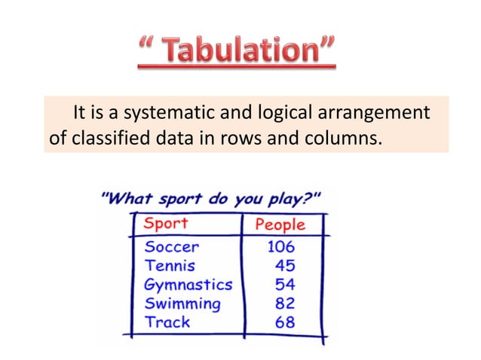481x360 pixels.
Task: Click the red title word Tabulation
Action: click(x=248, y=52)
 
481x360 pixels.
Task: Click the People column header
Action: click(x=280, y=224)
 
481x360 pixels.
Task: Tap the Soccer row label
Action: click(x=171, y=247)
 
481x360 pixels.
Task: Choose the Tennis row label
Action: click(x=169, y=266)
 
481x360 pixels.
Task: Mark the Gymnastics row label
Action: click(x=188, y=285)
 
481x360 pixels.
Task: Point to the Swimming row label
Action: click(x=182, y=304)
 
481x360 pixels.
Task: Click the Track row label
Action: click(x=167, y=322)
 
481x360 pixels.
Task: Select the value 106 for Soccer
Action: click(x=280, y=247)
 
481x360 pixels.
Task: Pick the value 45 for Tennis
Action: click(x=284, y=266)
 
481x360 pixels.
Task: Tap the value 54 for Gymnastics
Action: click(x=284, y=285)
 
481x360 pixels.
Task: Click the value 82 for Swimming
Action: click(x=284, y=304)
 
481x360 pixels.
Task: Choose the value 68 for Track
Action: click(x=284, y=322)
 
